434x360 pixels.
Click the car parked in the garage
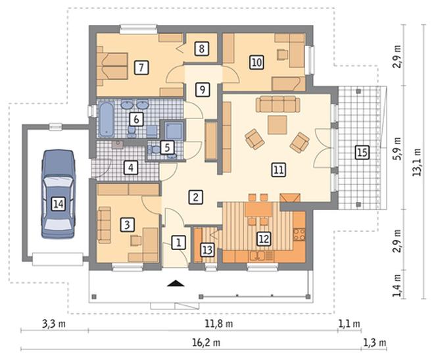coord(58,194)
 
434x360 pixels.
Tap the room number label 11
coord(278,170)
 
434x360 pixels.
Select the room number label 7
coord(141,68)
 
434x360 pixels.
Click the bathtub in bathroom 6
coord(106,120)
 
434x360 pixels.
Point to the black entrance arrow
coord(176,283)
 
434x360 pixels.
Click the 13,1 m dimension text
coord(417,162)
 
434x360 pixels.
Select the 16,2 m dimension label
coord(206,343)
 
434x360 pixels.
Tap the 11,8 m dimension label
coord(219,323)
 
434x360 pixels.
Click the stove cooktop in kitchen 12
coord(299,234)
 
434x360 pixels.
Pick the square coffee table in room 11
coord(277,125)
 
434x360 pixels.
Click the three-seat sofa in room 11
coord(278,104)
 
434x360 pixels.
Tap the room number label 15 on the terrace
coord(362,152)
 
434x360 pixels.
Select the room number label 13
coord(207,250)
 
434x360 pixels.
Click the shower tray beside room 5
coord(174,130)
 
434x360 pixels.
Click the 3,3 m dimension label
coord(54,323)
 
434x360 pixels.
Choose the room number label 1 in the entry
coord(178,243)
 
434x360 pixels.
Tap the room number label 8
coord(201,49)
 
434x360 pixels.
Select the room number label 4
coord(131,168)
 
